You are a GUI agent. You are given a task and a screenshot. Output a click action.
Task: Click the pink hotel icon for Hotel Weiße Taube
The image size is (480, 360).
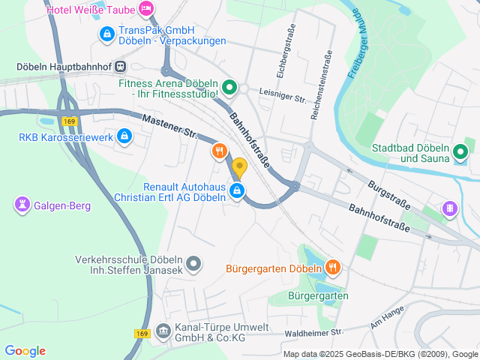[146, 10]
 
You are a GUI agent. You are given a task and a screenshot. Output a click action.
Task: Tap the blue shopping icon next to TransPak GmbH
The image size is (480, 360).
[106, 34]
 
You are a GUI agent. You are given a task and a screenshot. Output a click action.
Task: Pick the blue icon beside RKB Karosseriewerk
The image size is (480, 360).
[124, 137]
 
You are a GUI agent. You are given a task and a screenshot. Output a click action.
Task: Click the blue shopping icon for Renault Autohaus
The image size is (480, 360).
[237, 191]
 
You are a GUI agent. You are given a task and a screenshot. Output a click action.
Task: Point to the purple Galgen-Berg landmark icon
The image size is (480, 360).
[22, 203]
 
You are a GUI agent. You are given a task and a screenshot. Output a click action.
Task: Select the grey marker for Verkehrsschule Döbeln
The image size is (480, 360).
[193, 262]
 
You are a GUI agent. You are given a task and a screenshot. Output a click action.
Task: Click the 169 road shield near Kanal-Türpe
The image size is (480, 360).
[143, 333]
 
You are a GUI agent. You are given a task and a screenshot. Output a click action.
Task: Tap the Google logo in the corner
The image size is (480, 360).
[25, 351]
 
